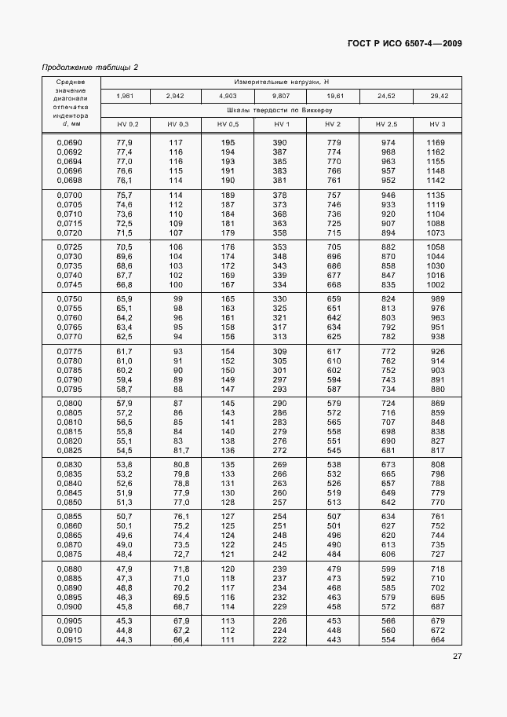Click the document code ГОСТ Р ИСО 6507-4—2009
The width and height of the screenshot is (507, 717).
point(403,43)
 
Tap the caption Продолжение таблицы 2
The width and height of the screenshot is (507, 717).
point(89,67)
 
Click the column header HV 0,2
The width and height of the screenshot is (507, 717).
point(127,124)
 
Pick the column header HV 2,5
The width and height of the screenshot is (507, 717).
point(386,124)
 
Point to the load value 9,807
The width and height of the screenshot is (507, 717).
point(281,96)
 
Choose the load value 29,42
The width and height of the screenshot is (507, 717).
point(437,96)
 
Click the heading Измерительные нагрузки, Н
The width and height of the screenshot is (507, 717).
point(281,81)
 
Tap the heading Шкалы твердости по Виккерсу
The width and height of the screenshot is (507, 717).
point(281,110)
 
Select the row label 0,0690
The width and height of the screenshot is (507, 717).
point(70,142)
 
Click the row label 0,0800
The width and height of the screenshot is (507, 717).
point(70,403)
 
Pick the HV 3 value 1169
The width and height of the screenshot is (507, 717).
point(436,142)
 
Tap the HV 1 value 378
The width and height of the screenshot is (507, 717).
point(279,194)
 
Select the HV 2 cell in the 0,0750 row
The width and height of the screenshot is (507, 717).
point(333,298)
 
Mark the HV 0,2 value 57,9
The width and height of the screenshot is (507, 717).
point(124,403)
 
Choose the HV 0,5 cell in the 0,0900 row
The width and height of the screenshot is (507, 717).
point(228,607)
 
